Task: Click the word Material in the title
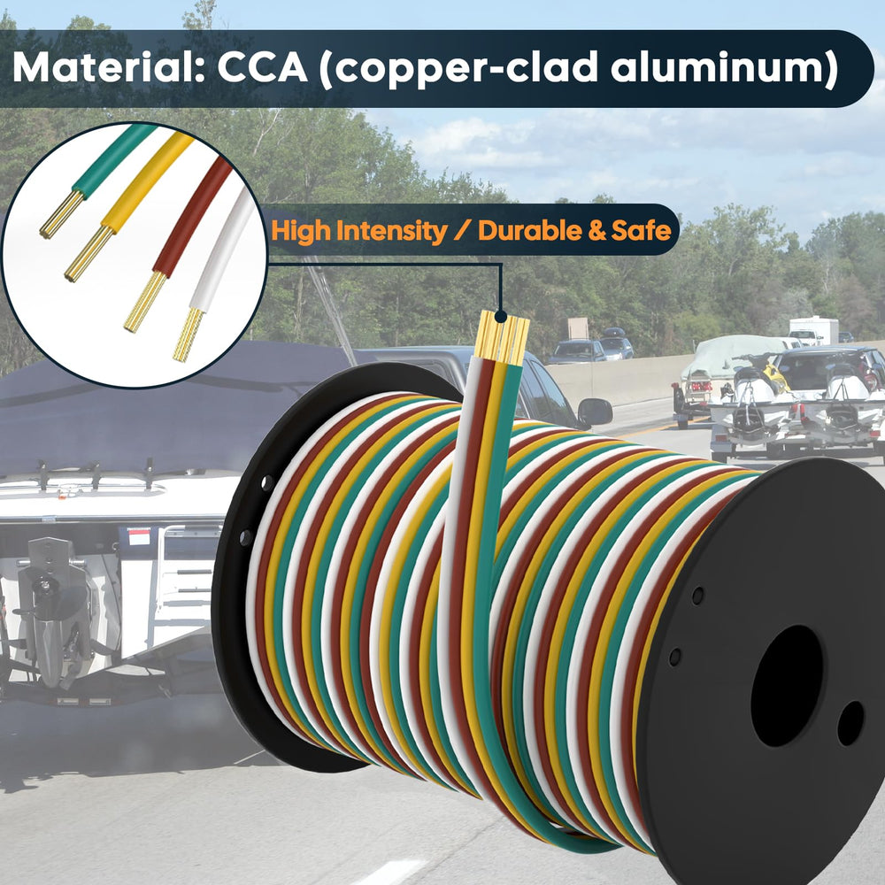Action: (x=108, y=68)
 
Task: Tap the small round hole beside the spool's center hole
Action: (x=850, y=723)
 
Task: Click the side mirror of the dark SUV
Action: (x=595, y=412)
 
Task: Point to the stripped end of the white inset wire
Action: (x=188, y=335)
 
